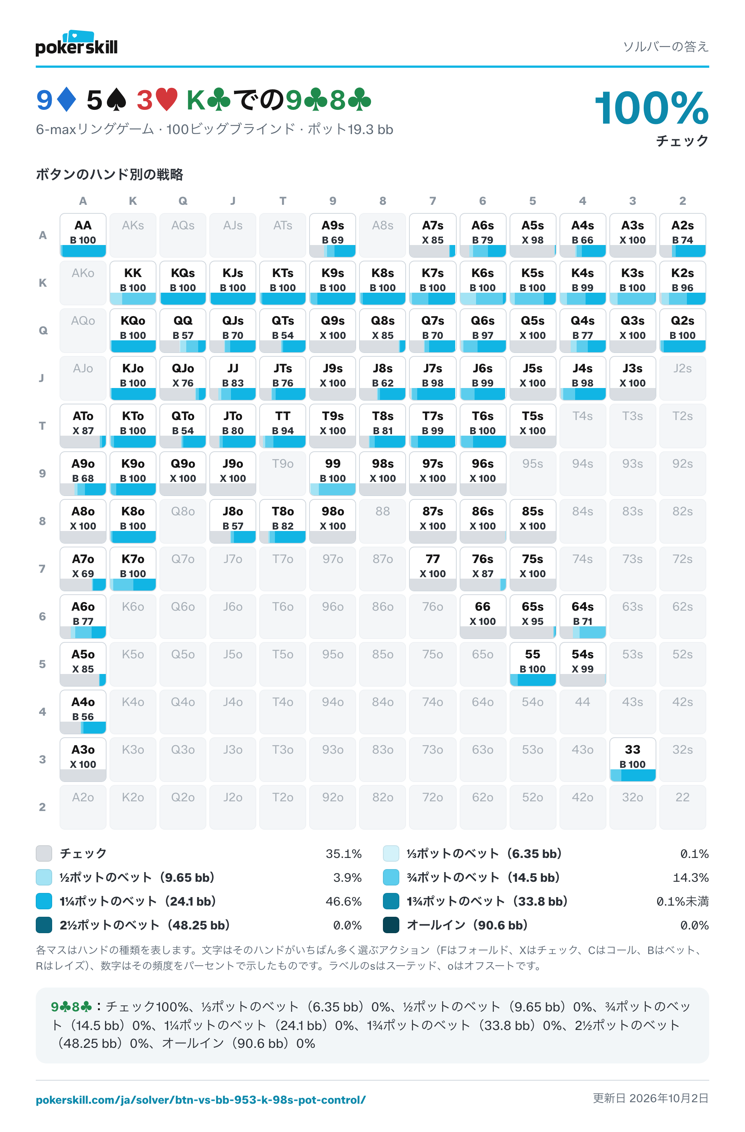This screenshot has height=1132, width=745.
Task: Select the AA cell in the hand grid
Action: coord(83,235)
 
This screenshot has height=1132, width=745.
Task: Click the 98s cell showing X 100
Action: coord(383,473)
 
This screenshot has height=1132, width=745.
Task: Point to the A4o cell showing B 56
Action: coord(83,712)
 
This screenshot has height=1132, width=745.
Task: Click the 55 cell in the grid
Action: coord(532,664)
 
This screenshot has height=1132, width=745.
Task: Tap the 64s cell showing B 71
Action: coord(582,616)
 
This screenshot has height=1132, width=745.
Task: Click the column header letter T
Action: coord(283,201)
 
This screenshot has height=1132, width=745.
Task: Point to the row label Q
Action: coord(43,331)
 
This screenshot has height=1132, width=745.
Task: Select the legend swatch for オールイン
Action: coord(391,925)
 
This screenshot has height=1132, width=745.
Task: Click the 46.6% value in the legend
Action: coord(343,902)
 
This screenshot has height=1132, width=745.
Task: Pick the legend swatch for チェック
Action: coord(44,853)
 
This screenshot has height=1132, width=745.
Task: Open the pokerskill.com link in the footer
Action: coord(201,1100)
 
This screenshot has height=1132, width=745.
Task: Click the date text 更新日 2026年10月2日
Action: coord(650,1098)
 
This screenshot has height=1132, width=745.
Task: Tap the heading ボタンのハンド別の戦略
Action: coord(110,175)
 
